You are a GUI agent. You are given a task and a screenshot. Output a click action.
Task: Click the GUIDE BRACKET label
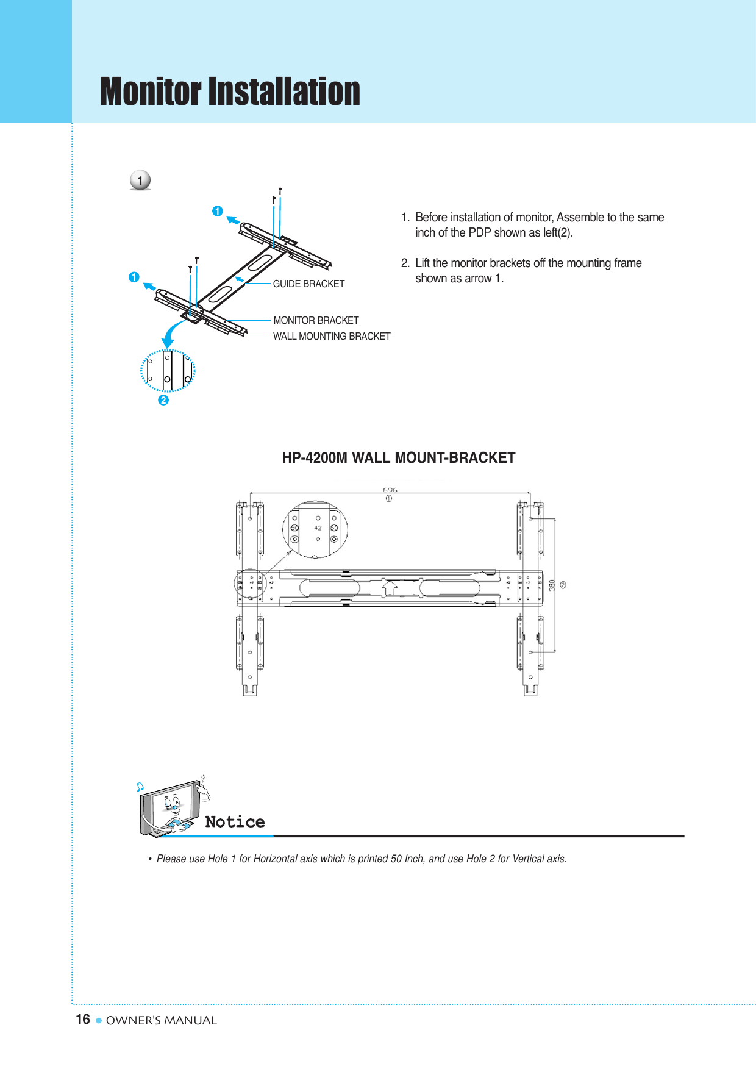point(308,284)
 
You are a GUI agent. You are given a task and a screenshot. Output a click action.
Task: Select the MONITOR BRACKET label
point(316,320)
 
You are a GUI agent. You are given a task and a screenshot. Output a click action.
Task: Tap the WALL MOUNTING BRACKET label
point(332,336)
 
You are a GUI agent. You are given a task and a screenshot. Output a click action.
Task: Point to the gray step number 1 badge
point(140,181)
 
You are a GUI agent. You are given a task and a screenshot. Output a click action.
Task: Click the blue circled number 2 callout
point(163,400)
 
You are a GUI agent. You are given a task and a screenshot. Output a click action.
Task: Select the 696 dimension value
point(390,490)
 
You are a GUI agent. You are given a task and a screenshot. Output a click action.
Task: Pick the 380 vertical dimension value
point(552,585)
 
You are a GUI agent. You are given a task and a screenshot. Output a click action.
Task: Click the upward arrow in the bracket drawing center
point(390,587)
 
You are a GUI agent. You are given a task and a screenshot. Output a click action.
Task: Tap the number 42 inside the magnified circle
point(318,528)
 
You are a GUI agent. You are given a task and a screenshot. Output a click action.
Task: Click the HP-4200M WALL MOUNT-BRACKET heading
point(399,458)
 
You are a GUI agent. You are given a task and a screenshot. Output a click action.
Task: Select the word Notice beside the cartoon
point(235,822)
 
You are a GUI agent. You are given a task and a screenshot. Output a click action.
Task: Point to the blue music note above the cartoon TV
point(140,787)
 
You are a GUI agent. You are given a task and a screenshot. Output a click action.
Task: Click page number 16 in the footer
point(83,1020)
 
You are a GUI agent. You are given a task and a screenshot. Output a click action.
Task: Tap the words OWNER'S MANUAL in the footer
point(162,1020)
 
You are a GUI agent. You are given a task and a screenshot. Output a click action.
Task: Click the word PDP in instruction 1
point(480,232)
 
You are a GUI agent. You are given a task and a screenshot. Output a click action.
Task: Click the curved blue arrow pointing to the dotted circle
point(171,333)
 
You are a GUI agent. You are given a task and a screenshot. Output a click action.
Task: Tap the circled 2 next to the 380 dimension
point(563,585)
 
